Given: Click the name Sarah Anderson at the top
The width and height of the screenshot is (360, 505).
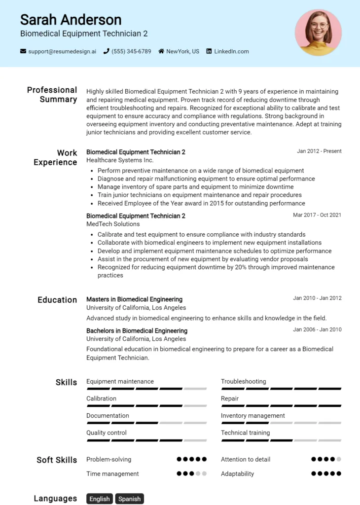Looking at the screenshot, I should click(71, 20).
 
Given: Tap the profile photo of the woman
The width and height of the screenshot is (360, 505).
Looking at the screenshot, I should click(318, 33).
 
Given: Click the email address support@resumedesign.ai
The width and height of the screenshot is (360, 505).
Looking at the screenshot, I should click(62, 51).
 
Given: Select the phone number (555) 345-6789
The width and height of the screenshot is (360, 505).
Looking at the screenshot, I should click(131, 51).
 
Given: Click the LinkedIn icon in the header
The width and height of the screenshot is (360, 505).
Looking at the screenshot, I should click(209, 51).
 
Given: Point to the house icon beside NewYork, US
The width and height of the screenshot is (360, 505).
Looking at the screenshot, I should click(161, 51).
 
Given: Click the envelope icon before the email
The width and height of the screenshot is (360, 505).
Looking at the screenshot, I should click(23, 51).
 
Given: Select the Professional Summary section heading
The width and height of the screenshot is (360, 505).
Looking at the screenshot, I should click(52, 95).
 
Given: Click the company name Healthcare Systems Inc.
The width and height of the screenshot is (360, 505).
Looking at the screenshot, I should click(120, 160).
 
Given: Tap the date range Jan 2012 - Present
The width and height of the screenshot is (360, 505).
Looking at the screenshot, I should click(319, 151).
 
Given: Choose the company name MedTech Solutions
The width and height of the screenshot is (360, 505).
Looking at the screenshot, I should click(113, 224).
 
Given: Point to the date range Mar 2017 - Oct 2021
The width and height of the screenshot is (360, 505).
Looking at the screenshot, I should click(317, 215).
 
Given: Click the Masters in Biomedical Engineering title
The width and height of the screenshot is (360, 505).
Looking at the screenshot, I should click(134, 299).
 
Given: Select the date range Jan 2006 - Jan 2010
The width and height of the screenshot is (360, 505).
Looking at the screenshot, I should click(317, 329).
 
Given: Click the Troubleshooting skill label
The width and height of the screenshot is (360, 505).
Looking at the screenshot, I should click(243, 381).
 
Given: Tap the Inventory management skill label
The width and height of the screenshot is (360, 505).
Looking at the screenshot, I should click(252, 416).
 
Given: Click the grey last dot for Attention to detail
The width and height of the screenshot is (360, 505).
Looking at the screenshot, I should click(339, 459).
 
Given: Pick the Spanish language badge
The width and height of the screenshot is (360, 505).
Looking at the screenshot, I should click(130, 499).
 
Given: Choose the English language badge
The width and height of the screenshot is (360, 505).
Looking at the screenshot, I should click(100, 499).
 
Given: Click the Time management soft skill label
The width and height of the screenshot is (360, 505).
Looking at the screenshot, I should click(112, 473).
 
